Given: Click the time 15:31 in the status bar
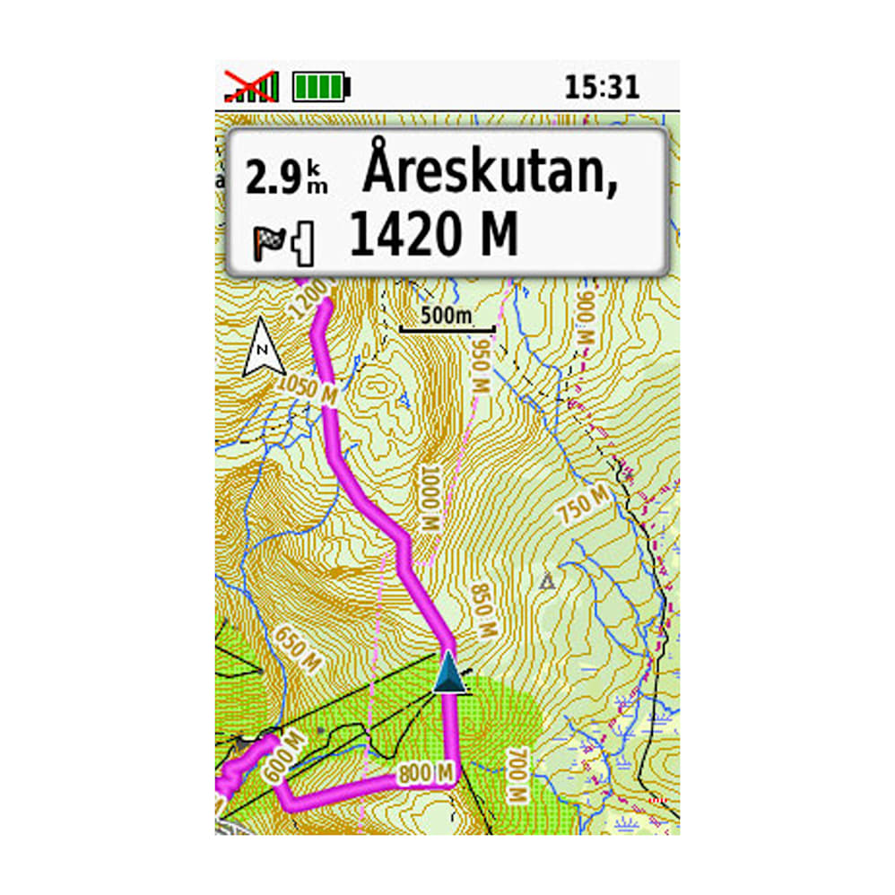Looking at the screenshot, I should coord(602,87).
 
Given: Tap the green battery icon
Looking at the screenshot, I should coord(320,87).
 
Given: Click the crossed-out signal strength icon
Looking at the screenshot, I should coord(251,86).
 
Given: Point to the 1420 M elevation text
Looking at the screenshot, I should coord(434,234).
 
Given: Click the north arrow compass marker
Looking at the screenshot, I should coord(263,347).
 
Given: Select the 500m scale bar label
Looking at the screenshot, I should coord(446,317).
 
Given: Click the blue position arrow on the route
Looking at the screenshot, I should coord(449,673).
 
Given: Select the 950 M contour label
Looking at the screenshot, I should coord(481,367).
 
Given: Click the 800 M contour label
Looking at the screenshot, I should coord(427,772).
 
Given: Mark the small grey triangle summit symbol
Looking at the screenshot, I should coord(546,582).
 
